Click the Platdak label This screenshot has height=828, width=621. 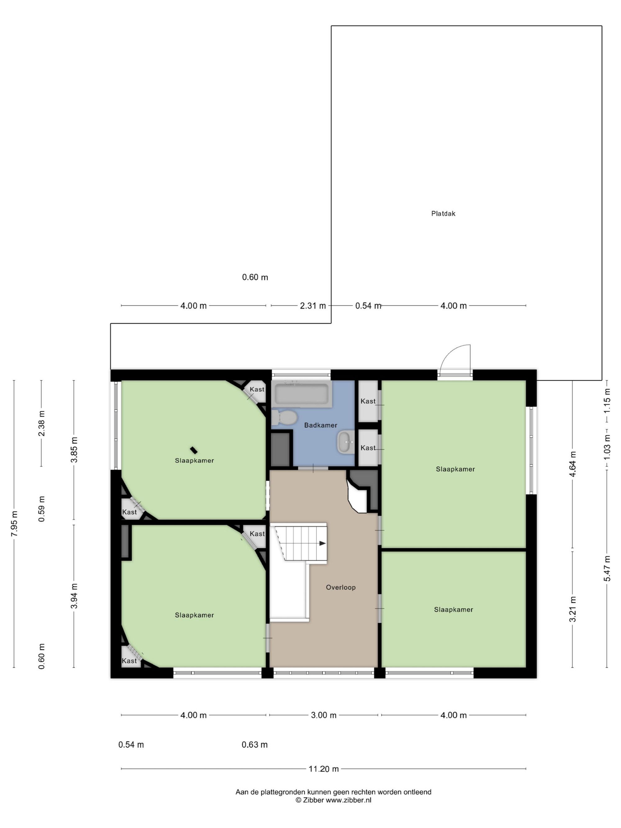pyautogui.click(x=443, y=214)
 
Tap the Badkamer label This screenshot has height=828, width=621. pyautogui.click(x=320, y=425)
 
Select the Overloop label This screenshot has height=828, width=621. pyautogui.click(x=341, y=587)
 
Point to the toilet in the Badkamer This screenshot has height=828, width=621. pyautogui.click(x=284, y=417)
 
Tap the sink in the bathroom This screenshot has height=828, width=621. pyautogui.click(x=346, y=442)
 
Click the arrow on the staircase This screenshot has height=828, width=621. pyautogui.click(x=322, y=544)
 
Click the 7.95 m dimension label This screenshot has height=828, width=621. pyautogui.click(x=14, y=524)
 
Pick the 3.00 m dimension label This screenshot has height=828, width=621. pyautogui.click(x=324, y=715)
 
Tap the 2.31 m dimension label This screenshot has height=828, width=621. pyautogui.click(x=313, y=306)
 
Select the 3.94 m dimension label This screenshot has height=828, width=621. pyautogui.click(x=74, y=596)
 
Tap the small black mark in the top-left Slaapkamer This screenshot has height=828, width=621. pyautogui.click(x=193, y=450)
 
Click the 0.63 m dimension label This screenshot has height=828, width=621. pyautogui.click(x=255, y=745)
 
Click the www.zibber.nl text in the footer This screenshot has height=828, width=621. pyautogui.click(x=348, y=800)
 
